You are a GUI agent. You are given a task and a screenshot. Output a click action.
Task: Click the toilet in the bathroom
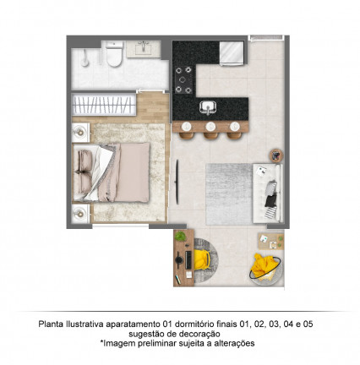(x=114, y=54)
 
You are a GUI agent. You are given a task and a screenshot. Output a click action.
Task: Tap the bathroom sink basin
(x=144, y=49)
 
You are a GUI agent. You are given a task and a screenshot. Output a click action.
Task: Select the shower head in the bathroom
(x=85, y=58)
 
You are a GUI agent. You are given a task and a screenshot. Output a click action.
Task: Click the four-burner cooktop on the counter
(x=183, y=79)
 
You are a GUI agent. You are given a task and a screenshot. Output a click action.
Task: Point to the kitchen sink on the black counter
(x=208, y=107)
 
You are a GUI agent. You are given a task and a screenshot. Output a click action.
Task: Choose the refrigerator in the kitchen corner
(x=232, y=53)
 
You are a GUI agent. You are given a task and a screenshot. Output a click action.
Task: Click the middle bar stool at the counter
(x=210, y=131)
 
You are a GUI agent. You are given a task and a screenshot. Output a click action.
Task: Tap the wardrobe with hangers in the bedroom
(x=104, y=105)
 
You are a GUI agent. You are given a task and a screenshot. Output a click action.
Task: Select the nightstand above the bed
(x=81, y=133)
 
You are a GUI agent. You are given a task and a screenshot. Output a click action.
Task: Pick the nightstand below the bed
(x=81, y=214)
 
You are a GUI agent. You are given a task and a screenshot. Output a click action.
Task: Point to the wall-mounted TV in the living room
(x=177, y=182)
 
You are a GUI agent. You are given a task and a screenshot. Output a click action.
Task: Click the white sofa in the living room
(x=267, y=193)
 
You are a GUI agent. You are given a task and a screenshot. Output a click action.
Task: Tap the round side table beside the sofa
(x=276, y=155)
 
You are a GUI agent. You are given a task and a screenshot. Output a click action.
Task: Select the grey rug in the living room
(x=229, y=194)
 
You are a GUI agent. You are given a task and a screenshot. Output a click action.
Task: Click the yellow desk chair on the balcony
(x=202, y=259)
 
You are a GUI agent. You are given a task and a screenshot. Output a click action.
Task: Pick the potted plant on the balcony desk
(x=180, y=236)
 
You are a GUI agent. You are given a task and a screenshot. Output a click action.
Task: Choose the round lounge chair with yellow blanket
(x=265, y=268)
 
